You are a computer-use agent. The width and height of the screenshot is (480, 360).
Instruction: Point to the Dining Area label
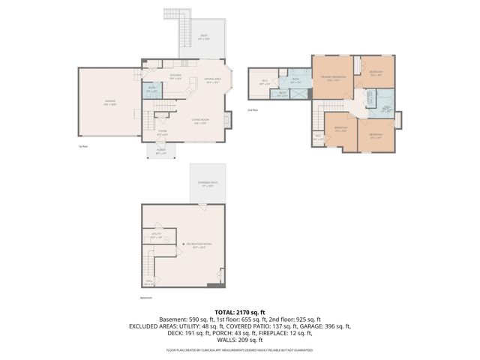coord(213,80)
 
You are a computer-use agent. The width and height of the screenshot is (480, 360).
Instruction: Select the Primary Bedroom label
coord(328,78)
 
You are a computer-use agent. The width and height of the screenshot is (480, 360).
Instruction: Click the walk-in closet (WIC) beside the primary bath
coord(265,82)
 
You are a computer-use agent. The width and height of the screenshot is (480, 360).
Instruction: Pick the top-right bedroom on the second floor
coord(376,73)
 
